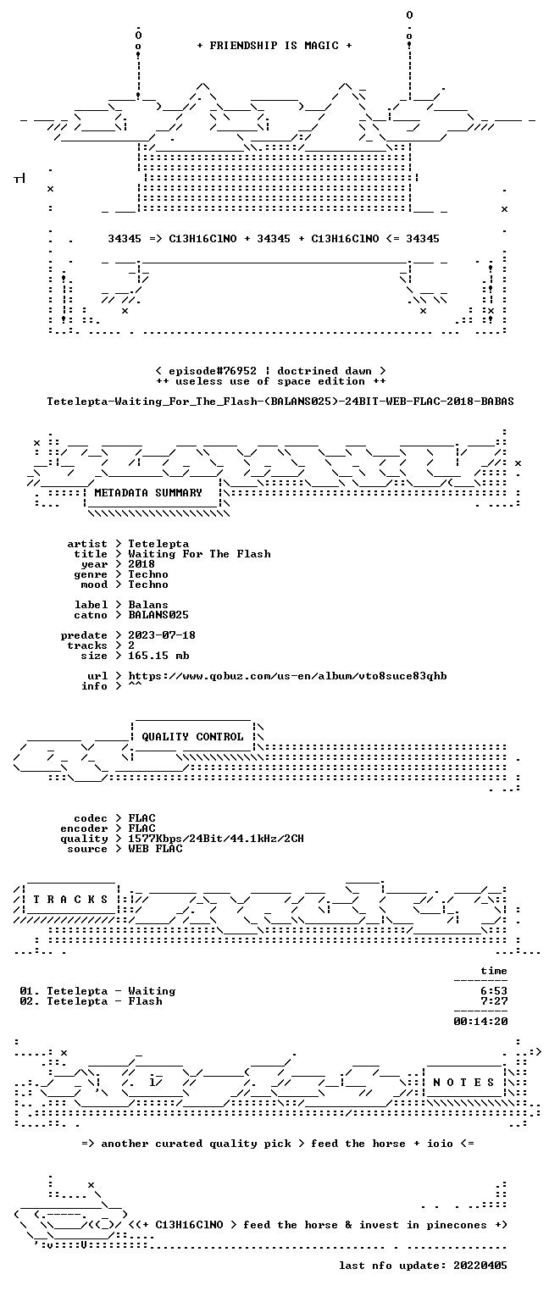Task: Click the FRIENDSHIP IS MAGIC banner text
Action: point(274,46)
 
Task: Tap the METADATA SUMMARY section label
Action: point(147,493)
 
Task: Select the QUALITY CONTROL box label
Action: point(192,736)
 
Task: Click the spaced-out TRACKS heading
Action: point(70,899)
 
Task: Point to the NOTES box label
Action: point(463,1082)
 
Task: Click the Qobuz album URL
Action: point(287,676)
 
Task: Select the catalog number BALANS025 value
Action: point(158,615)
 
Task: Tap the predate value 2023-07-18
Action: point(162,635)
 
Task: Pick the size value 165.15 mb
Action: point(158,656)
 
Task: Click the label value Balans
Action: point(148,605)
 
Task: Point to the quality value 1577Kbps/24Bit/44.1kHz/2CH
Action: point(216,839)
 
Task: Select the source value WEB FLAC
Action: point(155,848)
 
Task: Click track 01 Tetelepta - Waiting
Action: point(97,991)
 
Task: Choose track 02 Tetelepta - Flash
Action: point(91,1001)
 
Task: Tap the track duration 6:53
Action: point(494,991)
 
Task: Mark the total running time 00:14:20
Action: point(480,1022)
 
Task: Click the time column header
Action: point(494,971)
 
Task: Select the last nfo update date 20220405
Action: point(480,1266)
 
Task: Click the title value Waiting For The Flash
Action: point(199,554)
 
